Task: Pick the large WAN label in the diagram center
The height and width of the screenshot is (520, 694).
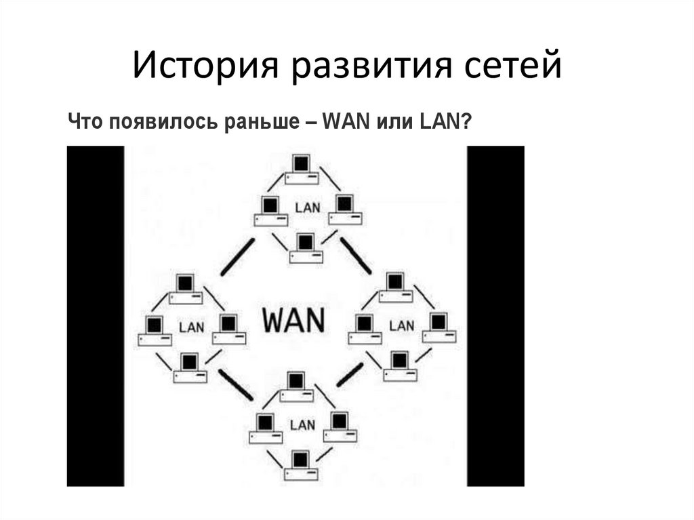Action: click(293, 320)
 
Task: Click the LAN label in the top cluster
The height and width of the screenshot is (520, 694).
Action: click(306, 207)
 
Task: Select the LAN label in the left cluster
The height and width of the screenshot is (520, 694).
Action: click(192, 326)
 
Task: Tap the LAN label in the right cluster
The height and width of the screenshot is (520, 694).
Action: click(402, 326)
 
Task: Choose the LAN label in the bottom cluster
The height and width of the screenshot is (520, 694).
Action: click(302, 425)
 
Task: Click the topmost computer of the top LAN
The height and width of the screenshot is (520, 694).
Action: click(301, 169)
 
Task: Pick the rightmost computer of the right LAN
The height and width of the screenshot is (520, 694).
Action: click(439, 328)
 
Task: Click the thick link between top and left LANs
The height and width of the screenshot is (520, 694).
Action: click(237, 256)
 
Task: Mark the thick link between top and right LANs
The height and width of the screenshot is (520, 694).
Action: click(356, 256)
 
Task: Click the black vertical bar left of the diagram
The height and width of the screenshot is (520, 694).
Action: click(96, 315)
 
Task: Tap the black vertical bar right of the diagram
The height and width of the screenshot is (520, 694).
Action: click(495, 315)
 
